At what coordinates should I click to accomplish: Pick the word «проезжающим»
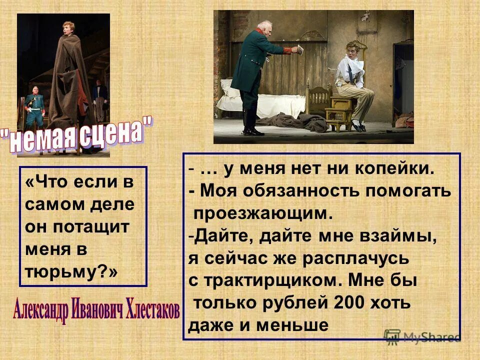263,213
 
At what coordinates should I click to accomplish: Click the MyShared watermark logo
422,336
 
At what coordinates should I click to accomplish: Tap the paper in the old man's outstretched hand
301,49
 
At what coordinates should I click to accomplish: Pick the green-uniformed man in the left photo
35,107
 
